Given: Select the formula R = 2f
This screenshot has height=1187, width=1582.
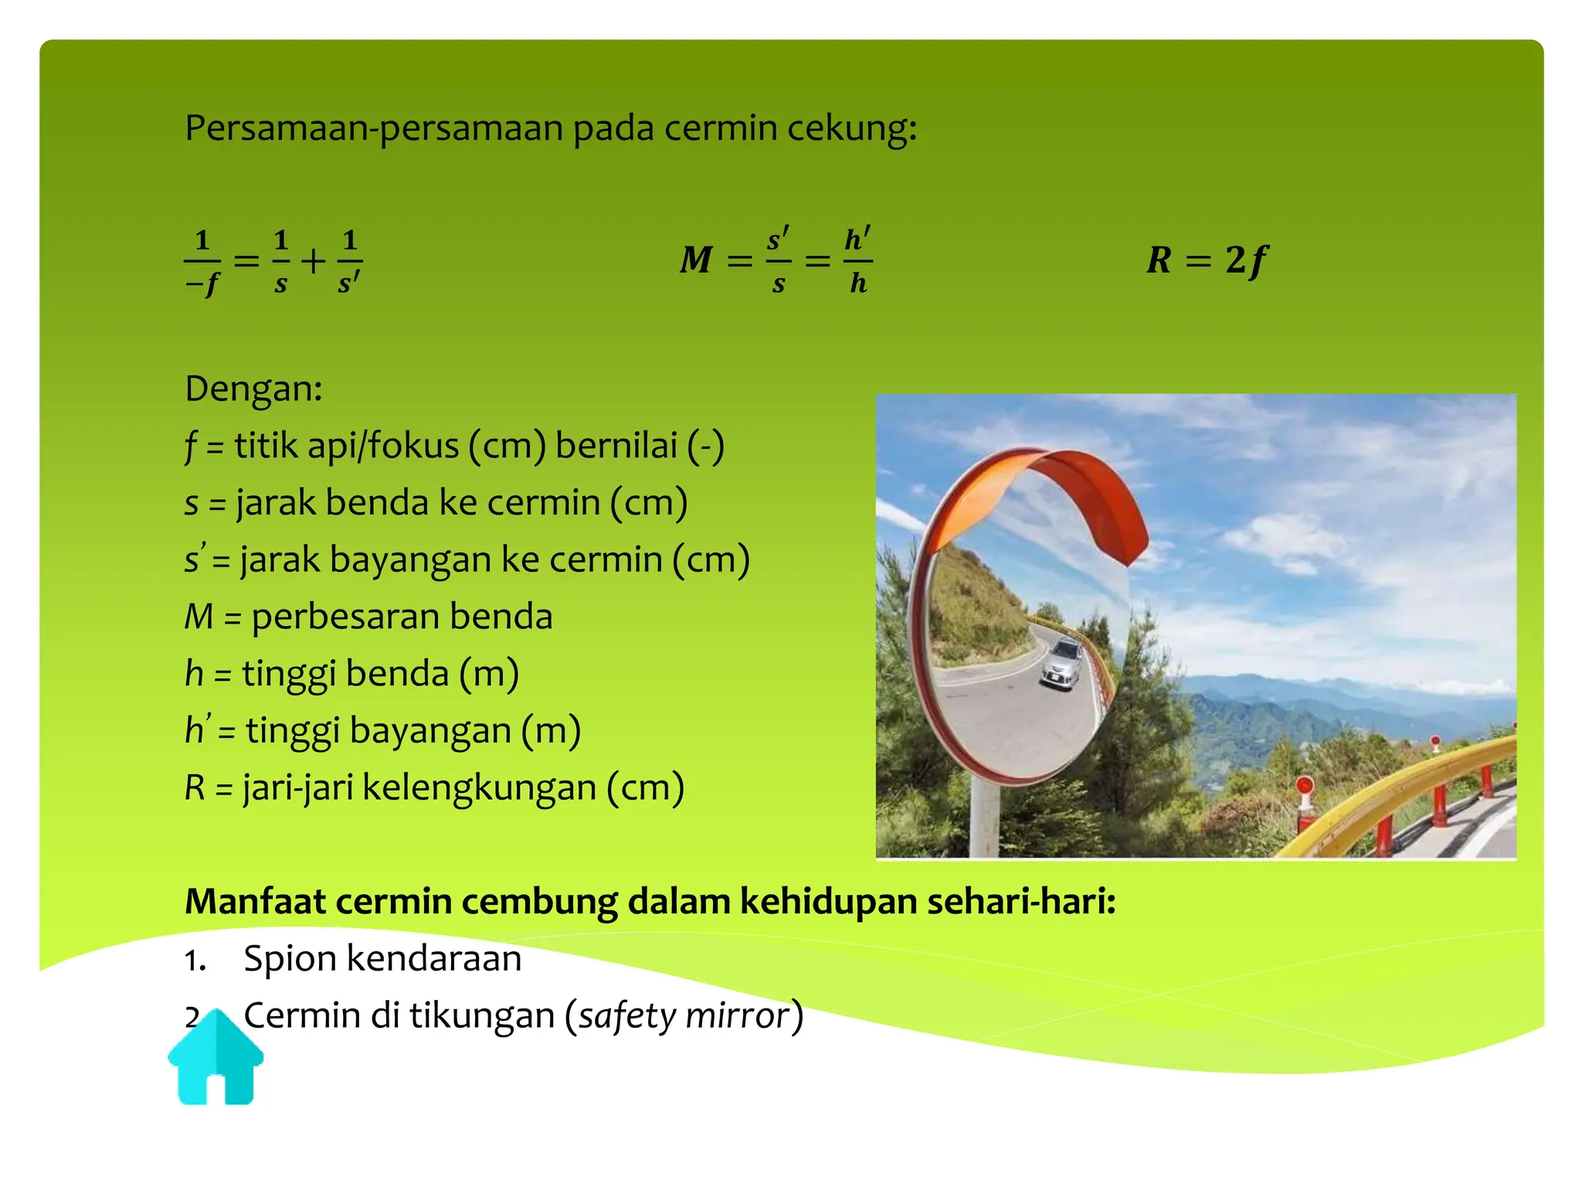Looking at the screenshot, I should coord(1207,260).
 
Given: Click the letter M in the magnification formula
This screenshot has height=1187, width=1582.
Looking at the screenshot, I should coord(696,260).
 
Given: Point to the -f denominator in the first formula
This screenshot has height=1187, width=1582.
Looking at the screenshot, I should coord(202,284).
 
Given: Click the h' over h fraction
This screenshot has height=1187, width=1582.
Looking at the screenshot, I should coord(857,260).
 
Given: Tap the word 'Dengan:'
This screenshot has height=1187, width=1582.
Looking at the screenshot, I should coord(253,389).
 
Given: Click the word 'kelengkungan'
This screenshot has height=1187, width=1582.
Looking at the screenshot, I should coord(479,788).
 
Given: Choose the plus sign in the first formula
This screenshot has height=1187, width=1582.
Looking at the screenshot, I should coord(314,261).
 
